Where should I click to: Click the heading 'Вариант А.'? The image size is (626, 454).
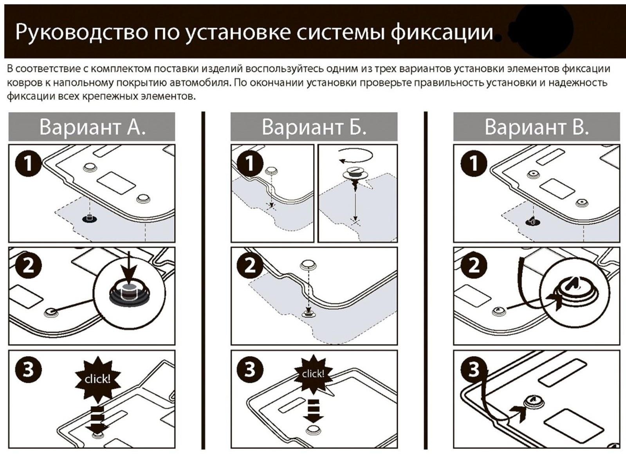point(92,127)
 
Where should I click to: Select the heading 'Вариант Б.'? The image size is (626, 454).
point(314,127)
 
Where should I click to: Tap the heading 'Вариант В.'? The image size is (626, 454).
point(536,127)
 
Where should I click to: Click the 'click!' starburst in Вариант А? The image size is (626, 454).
point(97,379)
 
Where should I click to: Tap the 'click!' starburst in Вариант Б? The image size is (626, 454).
point(313,374)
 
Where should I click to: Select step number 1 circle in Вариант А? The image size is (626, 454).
point(28,163)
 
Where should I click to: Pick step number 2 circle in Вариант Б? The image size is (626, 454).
point(250,266)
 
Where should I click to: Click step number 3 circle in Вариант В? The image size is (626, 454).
point(473,369)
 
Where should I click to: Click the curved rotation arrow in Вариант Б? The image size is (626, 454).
point(355,156)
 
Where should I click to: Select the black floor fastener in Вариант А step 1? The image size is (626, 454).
point(90,218)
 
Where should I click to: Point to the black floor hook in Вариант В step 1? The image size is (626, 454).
point(532,221)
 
